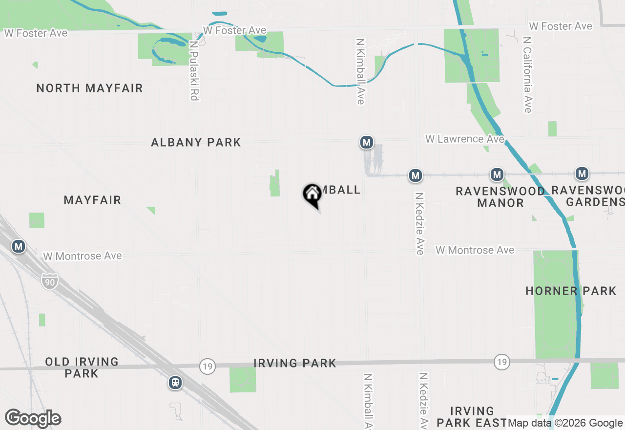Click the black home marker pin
point(312,194)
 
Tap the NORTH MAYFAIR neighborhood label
point(89,88)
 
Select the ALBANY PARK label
point(196,143)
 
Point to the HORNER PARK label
point(571,291)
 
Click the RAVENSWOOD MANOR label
point(500,197)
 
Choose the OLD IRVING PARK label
point(82,367)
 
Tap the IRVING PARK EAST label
point(472,417)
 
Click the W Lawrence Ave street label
point(464,139)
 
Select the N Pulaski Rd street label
point(194,70)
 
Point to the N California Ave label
point(527,74)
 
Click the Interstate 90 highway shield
point(50,281)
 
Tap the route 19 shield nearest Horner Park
point(501,362)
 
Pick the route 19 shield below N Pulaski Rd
point(208,366)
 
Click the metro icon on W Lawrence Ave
point(366,143)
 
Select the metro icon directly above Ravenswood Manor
point(497,174)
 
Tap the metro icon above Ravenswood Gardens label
point(582,173)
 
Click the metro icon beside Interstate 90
point(19,246)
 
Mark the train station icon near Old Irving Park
point(175,383)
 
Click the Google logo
point(33,418)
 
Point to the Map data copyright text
point(565,423)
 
